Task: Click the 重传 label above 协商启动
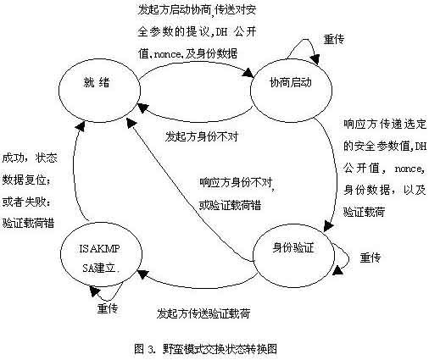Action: click(334, 39)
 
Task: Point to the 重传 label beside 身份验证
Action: click(370, 258)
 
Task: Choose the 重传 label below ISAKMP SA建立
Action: click(108, 308)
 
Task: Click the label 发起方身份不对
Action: click(202, 136)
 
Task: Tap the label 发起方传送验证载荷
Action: click(203, 313)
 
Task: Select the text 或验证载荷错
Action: click(230, 205)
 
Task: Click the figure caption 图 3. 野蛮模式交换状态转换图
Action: click(205, 349)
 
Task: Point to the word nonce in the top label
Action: click(167, 54)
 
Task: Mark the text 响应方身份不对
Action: click(236, 183)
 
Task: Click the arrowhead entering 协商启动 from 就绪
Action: click(249, 73)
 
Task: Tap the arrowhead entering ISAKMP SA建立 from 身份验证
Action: click(142, 274)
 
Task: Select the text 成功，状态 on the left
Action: click(30, 158)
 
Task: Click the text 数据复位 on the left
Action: click(24, 180)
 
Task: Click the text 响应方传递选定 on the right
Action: click(385, 124)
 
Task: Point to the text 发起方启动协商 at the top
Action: click(175, 10)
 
